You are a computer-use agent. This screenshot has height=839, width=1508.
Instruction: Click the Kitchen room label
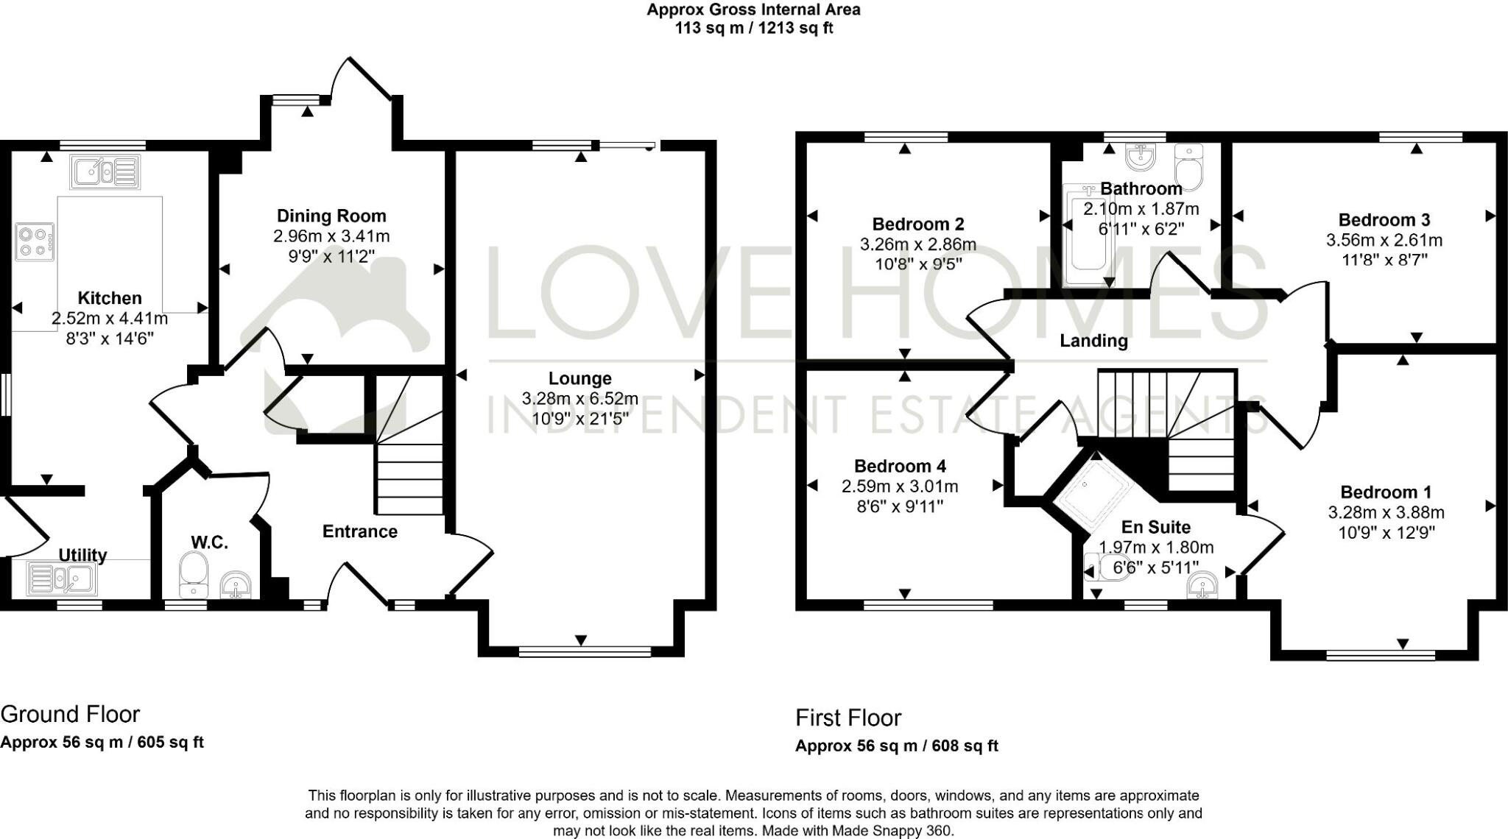coord(110,298)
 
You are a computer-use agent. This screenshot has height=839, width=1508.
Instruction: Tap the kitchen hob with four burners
coord(35,242)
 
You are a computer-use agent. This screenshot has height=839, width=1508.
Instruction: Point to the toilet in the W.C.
coord(194,576)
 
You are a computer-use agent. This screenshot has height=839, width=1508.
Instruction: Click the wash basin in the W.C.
coord(237,587)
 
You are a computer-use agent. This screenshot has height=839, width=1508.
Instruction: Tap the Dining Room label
coord(331,216)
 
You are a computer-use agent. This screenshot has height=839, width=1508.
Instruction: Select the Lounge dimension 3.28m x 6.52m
coord(579,399)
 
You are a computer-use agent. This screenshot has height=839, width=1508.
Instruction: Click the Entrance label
coord(359,531)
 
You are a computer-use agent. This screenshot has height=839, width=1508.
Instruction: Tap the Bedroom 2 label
coord(917,224)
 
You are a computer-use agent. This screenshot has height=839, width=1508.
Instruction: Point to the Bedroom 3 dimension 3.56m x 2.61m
coord(1384,240)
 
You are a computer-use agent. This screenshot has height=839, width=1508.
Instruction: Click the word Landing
coord(1093,341)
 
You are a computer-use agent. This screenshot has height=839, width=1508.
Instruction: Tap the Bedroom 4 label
coord(900,466)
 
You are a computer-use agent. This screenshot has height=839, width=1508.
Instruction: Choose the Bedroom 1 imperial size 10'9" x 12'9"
coord(1386,532)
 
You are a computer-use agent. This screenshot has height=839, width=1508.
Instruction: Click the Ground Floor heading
coord(70,714)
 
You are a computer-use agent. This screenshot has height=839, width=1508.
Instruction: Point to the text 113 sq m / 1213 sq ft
coord(753,29)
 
